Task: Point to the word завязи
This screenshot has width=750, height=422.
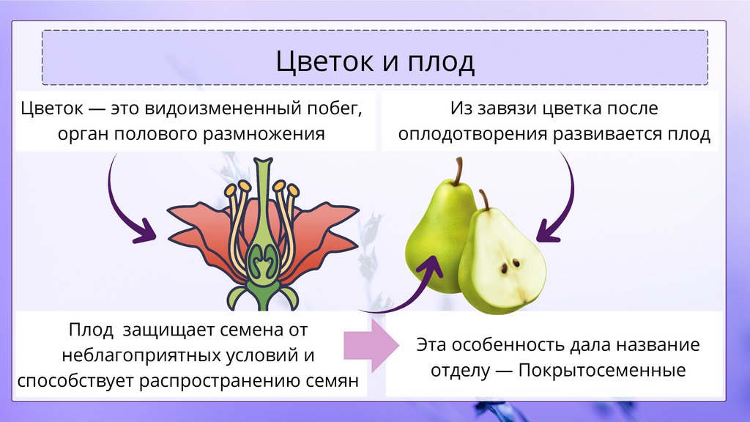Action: (x=503, y=109)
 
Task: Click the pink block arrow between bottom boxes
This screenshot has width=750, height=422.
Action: (x=372, y=344)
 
